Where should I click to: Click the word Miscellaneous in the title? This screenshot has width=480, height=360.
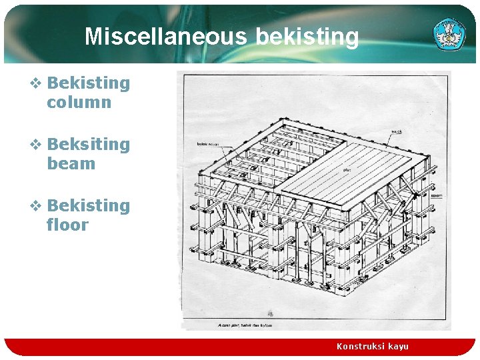click(x=167, y=36)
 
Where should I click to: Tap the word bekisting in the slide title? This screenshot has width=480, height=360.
click(x=307, y=37)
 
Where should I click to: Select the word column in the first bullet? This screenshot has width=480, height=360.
click(x=79, y=103)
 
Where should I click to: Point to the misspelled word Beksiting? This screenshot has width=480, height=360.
click(x=89, y=145)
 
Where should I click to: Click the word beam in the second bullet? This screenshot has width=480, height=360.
click(x=71, y=164)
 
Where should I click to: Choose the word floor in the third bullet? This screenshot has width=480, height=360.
click(x=67, y=225)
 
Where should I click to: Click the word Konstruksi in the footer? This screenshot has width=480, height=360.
click(x=360, y=347)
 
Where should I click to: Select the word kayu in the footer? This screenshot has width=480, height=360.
click(x=398, y=347)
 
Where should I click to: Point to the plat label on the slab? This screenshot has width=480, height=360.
click(x=347, y=171)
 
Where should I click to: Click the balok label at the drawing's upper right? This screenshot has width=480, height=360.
click(x=397, y=131)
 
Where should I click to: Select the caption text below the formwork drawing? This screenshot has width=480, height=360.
click(x=245, y=325)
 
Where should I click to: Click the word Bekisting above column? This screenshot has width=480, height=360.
click(x=89, y=83)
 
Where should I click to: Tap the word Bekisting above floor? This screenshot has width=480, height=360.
click(x=89, y=206)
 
